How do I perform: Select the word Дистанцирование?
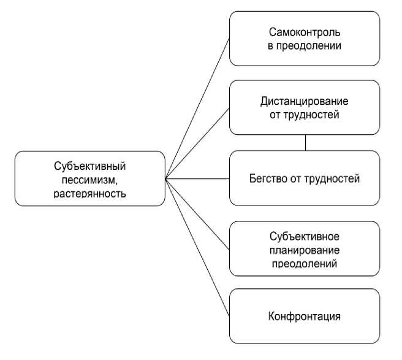[x=305, y=99]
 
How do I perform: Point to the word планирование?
[x=304, y=250]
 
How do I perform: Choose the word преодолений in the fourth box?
[x=304, y=263]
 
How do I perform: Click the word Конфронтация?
[x=305, y=318]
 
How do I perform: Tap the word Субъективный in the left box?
[x=89, y=166]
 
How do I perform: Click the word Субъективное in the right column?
[x=304, y=237]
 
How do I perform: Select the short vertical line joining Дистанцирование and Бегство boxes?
[x=305, y=142]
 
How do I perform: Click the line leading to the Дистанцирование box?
[x=197, y=144]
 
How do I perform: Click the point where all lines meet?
[x=165, y=178]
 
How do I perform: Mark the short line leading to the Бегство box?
[x=197, y=178]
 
